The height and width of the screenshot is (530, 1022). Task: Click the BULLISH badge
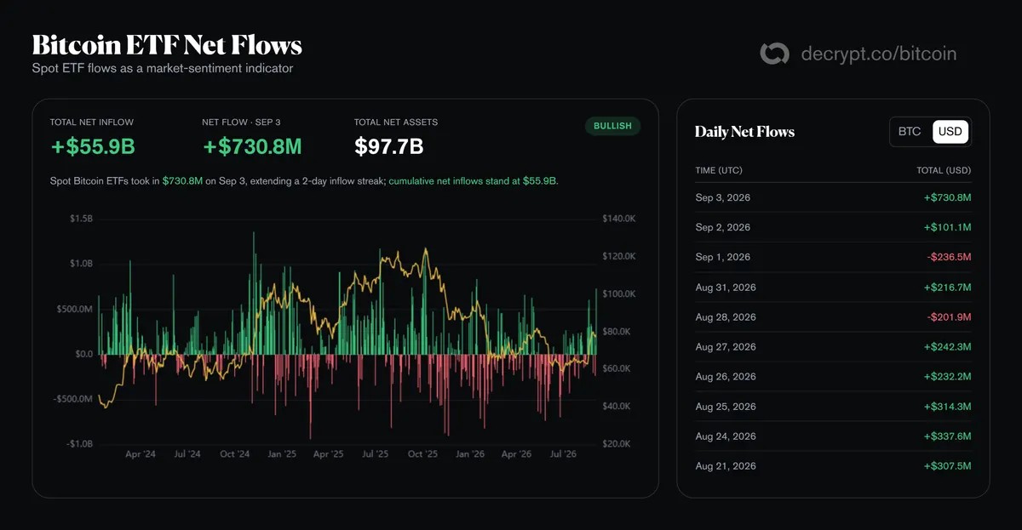612,126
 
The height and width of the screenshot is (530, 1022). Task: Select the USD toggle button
950,132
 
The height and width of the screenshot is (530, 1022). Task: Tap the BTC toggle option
910,132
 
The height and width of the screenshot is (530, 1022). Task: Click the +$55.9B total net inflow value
93,146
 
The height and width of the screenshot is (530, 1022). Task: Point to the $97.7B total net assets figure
388,146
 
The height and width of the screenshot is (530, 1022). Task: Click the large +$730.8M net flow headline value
252,146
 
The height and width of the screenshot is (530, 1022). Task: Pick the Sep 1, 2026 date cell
723,257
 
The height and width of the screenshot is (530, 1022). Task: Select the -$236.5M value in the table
949,257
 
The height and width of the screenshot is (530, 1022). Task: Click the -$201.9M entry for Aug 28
949,317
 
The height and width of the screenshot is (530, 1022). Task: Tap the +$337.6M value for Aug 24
947,436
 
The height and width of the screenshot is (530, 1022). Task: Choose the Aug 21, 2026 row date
726,466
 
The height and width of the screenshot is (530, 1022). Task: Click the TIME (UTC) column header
719,170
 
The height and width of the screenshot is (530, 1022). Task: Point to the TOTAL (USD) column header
944,170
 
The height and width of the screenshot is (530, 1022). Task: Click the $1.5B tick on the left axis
81,219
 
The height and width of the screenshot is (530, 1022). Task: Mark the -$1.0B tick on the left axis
79,444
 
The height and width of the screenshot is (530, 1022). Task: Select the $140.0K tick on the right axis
618,219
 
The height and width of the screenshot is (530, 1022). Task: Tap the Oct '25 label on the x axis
422,454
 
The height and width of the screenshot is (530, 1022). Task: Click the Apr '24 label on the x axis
140,454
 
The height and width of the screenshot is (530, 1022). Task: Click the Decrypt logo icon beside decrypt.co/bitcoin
774,54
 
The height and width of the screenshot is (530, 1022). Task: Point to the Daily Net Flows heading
744,132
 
